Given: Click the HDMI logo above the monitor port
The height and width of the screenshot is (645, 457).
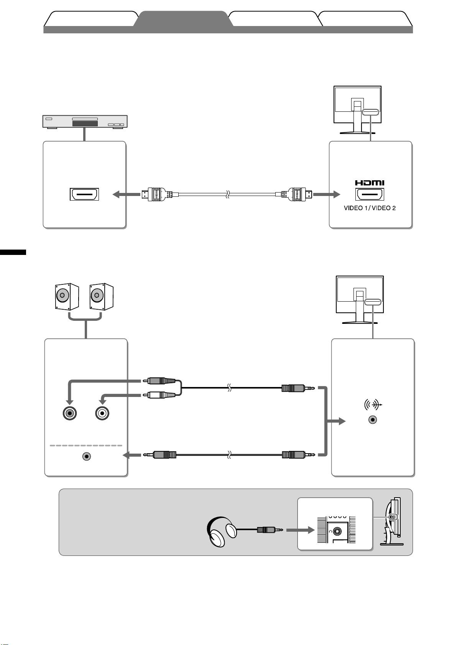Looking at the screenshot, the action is (x=369, y=183).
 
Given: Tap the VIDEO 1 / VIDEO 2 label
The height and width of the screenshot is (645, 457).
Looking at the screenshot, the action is (x=370, y=208).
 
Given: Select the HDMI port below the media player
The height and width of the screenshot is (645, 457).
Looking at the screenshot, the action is (x=84, y=194).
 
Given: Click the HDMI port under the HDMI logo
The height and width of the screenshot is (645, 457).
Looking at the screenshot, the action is (x=370, y=194).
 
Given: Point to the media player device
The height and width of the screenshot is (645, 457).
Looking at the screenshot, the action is (x=85, y=121).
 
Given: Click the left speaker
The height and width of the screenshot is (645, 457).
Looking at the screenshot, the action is (x=67, y=296).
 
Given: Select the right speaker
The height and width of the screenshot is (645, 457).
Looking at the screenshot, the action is (x=101, y=296).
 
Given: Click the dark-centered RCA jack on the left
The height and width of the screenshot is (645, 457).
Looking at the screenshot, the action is (x=70, y=413).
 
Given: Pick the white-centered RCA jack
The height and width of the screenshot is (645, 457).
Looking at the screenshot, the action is (x=102, y=413).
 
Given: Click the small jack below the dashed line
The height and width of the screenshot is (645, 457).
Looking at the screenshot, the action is (x=87, y=456).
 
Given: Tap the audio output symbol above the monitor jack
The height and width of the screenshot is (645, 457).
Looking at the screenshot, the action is (x=373, y=405).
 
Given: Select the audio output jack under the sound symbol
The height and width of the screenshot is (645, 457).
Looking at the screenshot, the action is (x=373, y=420).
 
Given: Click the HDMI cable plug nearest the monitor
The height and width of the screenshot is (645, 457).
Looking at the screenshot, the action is (x=296, y=194).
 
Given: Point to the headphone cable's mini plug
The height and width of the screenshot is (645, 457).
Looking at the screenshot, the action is (x=270, y=529).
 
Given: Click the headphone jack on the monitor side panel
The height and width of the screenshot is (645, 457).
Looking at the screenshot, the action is (x=337, y=531).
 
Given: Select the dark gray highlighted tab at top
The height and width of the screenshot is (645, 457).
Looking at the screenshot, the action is (x=183, y=19).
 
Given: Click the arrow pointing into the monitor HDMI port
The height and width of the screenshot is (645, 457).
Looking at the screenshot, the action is (x=326, y=194).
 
